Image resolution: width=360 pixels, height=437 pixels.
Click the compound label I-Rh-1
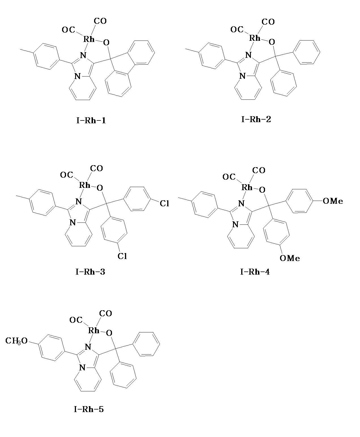pyautogui.click(x=91, y=120)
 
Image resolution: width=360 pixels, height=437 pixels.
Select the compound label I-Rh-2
pyautogui.click(x=256, y=119)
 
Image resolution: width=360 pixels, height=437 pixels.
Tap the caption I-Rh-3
pyautogui.click(x=90, y=272)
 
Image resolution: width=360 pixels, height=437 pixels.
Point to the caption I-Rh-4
pyautogui.click(x=255, y=272)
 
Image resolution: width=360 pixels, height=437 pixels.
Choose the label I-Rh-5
pyautogui.click(x=89, y=409)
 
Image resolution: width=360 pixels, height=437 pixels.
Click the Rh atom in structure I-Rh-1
pyautogui.click(x=89, y=39)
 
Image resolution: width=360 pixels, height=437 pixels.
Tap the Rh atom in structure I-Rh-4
pyautogui.click(x=247, y=187)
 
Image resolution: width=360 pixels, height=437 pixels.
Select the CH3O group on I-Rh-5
pyautogui.click(x=16, y=341)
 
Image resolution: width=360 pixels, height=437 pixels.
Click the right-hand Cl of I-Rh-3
pyautogui.click(x=164, y=203)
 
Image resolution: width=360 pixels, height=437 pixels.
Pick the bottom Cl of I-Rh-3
pyautogui.click(x=122, y=256)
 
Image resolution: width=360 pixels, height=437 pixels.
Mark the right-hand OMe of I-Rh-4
pyautogui.click(x=333, y=201)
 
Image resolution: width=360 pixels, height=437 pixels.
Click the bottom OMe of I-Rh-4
pyautogui.click(x=290, y=258)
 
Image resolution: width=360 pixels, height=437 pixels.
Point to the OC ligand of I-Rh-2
pyautogui.click(x=237, y=29)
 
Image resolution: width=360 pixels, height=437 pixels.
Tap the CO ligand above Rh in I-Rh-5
pyautogui.click(x=105, y=313)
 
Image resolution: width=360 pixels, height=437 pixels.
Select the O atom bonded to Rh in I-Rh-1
pyautogui.click(x=106, y=43)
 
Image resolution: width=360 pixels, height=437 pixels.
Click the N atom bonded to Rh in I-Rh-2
pyautogui.click(x=248, y=55)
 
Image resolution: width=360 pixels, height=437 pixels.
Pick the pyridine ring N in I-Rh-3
pyautogui.click(x=73, y=222)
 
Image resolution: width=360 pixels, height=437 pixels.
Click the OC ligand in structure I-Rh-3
pyautogui.click(x=67, y=175)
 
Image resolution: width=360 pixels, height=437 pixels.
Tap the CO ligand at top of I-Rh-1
pyautogui.click(x=100, y=21)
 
